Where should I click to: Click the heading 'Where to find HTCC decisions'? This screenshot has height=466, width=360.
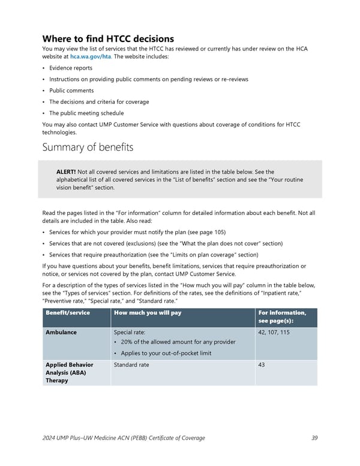[x=108, y=39]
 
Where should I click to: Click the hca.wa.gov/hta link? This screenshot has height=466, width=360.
[x=90, y=56]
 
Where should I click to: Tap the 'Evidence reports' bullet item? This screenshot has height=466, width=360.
[x=71, y=68]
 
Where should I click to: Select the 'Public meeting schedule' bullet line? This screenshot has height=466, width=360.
[x=86, y=113]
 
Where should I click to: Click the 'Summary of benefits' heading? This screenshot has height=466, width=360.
[x=88, y=147]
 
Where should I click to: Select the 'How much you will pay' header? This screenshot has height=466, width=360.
[x=148, y=313]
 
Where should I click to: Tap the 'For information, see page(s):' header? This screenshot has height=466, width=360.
[x=281, y=317]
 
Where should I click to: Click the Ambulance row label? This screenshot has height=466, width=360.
[x=61, y=332]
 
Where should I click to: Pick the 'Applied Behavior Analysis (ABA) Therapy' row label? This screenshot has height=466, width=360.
[x=69, y=372]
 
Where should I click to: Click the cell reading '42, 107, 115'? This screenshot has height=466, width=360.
[x=274, y=332]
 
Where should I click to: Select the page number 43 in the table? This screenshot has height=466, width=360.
[x=262, y=365]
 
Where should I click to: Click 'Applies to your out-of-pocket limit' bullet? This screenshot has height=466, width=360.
[x=166, y=353]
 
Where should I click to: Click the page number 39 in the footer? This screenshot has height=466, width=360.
[x=314, y=438]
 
